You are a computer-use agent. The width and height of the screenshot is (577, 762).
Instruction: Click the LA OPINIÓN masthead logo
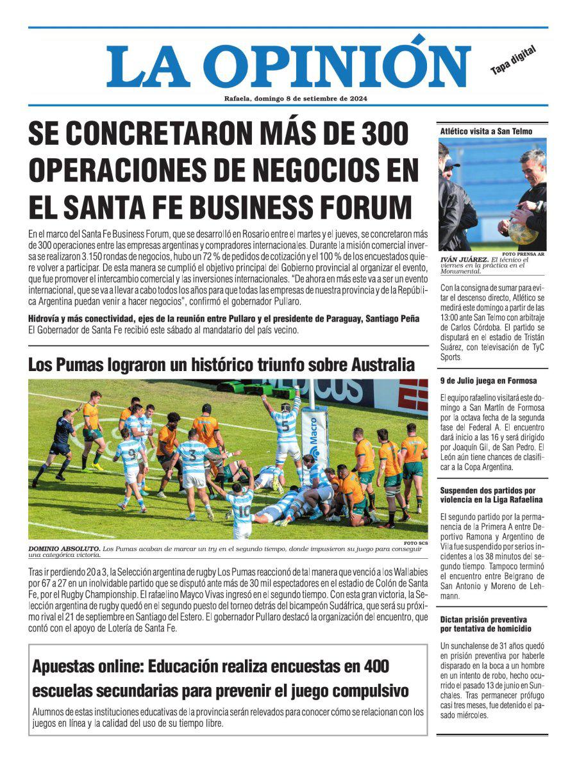(x=288, y=66)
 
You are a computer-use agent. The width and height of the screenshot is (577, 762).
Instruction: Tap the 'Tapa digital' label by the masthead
(x=513, y=60)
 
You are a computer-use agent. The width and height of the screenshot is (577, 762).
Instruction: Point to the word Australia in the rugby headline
(x=383, y=365)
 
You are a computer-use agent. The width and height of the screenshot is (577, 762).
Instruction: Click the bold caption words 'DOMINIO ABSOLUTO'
(x=63, y=549)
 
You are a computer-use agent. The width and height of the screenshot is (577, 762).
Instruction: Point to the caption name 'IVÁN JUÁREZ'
(x=463, y=260)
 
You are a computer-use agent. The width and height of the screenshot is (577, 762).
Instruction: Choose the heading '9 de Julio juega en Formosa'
(x=488, y=381)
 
